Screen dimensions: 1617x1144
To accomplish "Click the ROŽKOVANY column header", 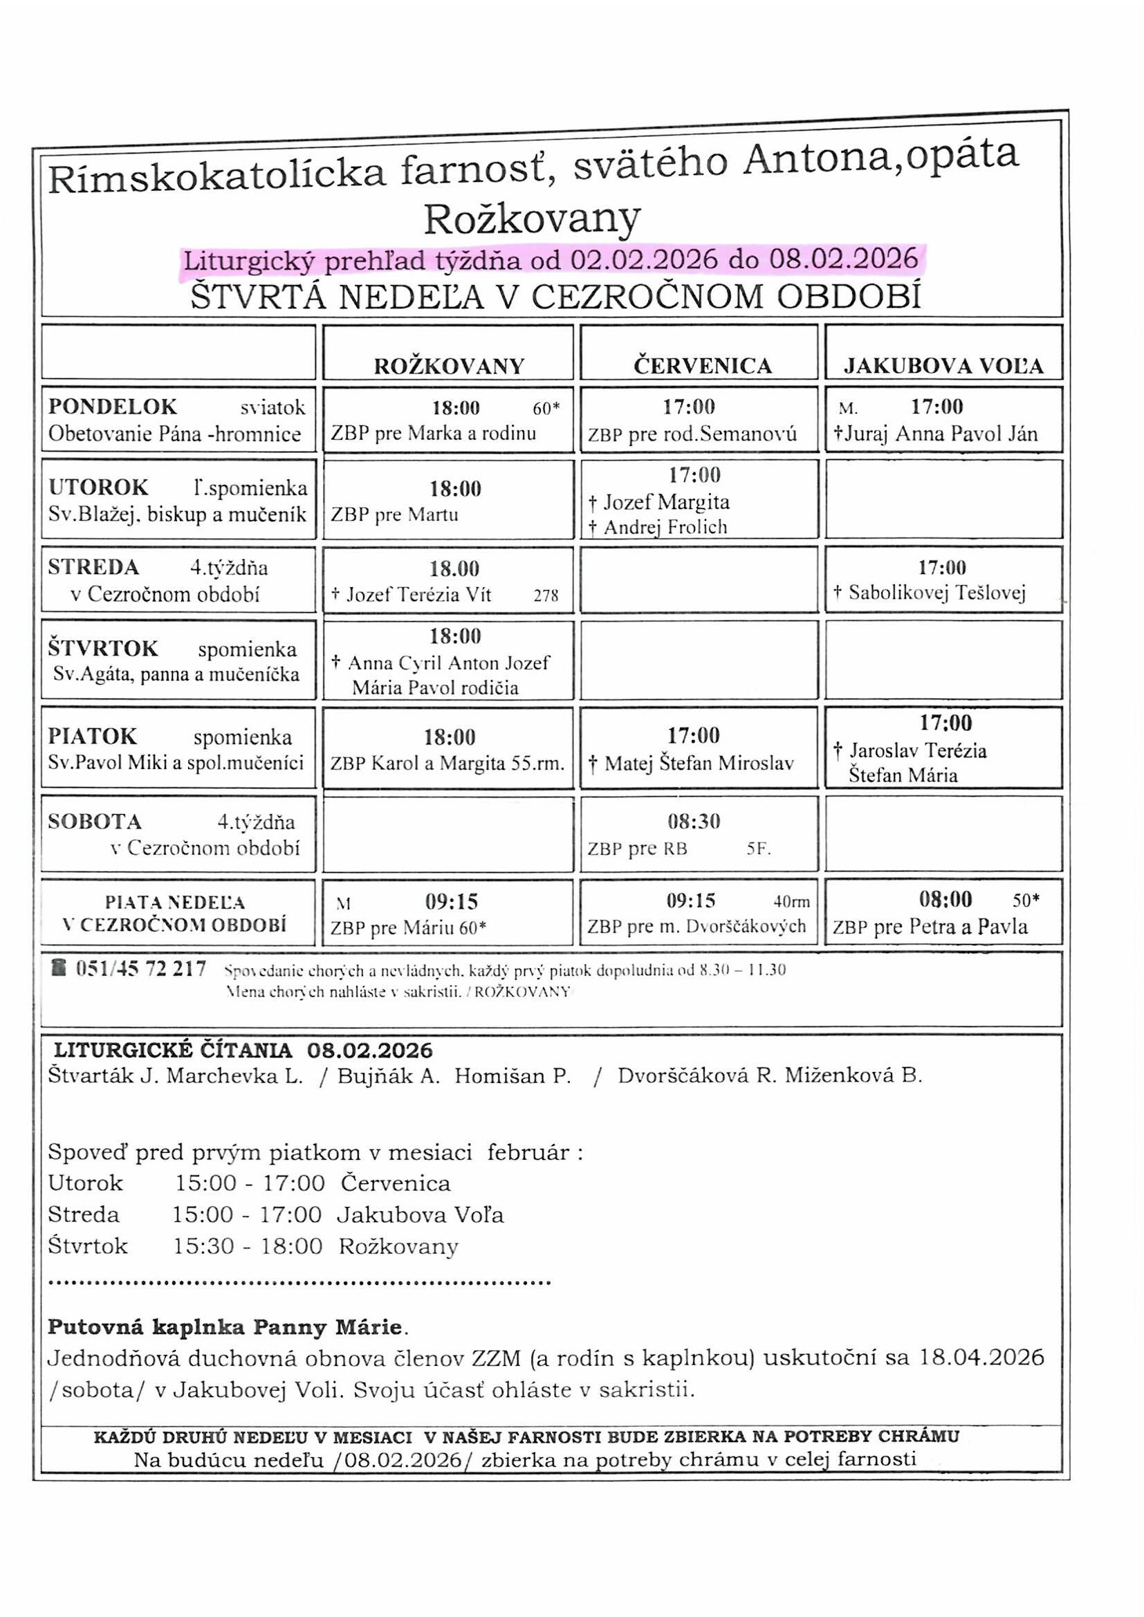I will [449, 367].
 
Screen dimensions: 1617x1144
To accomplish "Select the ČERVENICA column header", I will [702, 367].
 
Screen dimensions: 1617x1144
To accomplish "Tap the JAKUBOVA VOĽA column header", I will [943, 367].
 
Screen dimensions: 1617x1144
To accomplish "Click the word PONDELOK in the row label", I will [113, 407].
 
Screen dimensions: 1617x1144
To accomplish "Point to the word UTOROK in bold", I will [99, 488].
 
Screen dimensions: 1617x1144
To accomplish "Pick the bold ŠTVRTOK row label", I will [104, 649].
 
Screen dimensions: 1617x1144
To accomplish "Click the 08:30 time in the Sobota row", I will [694, 822].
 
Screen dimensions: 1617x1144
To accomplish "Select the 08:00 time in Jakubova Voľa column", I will [945, 900].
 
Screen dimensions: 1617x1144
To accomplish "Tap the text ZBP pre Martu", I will [394, 515].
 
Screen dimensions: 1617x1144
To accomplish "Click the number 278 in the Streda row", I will [546, 595].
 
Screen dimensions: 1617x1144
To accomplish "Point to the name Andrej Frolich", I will [665, 528].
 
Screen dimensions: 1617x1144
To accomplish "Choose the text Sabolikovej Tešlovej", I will [937, 593].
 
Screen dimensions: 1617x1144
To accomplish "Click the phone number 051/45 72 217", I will [141, 970].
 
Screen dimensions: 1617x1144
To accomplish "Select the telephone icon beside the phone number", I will [59, 968].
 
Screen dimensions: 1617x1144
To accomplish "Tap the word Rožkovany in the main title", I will [532, 219].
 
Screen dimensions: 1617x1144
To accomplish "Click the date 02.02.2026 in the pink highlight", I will [644, 260].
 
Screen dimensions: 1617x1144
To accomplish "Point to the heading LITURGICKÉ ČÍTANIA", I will [174, 1051].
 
